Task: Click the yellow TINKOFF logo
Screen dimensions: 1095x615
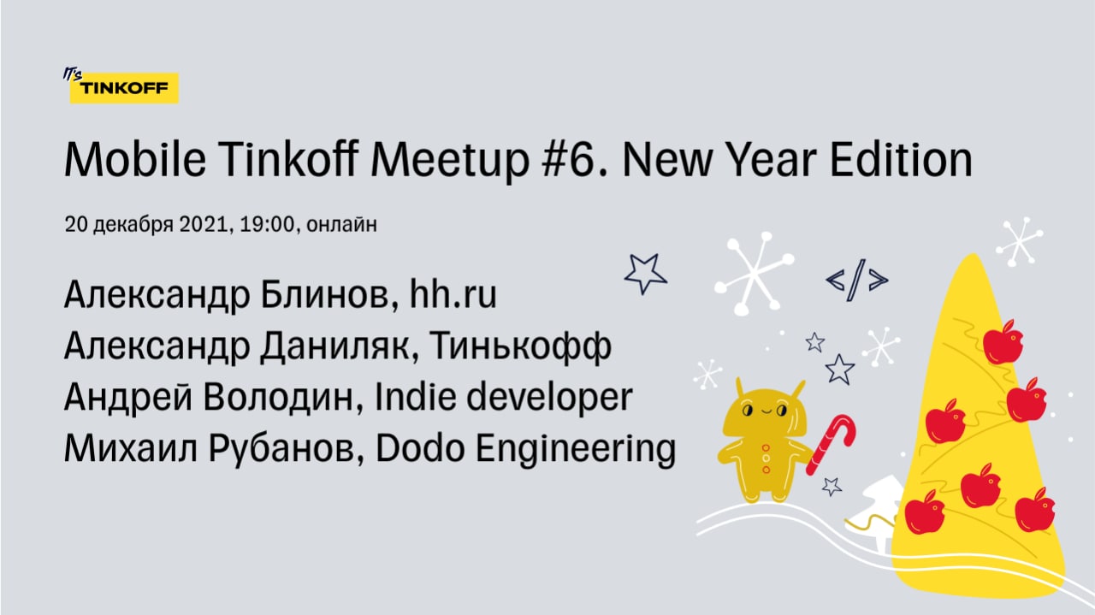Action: point(124,88)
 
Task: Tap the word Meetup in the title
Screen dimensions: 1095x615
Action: point(450,160)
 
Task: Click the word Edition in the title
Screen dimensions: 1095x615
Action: point(901,159)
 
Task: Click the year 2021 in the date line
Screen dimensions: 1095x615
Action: point(204,224)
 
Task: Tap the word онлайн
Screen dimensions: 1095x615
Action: point(341,224)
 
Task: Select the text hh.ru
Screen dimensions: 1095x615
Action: point(453,293)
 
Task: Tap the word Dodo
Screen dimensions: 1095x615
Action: point(420,447)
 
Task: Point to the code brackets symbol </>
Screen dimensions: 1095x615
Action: point(857,280)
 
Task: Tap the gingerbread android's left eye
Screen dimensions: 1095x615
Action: point(747,411)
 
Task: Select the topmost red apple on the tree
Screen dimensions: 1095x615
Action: point(1003,342)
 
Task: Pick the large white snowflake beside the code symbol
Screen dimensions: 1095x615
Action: point(755,273)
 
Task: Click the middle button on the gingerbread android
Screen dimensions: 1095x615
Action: point(766,458)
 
